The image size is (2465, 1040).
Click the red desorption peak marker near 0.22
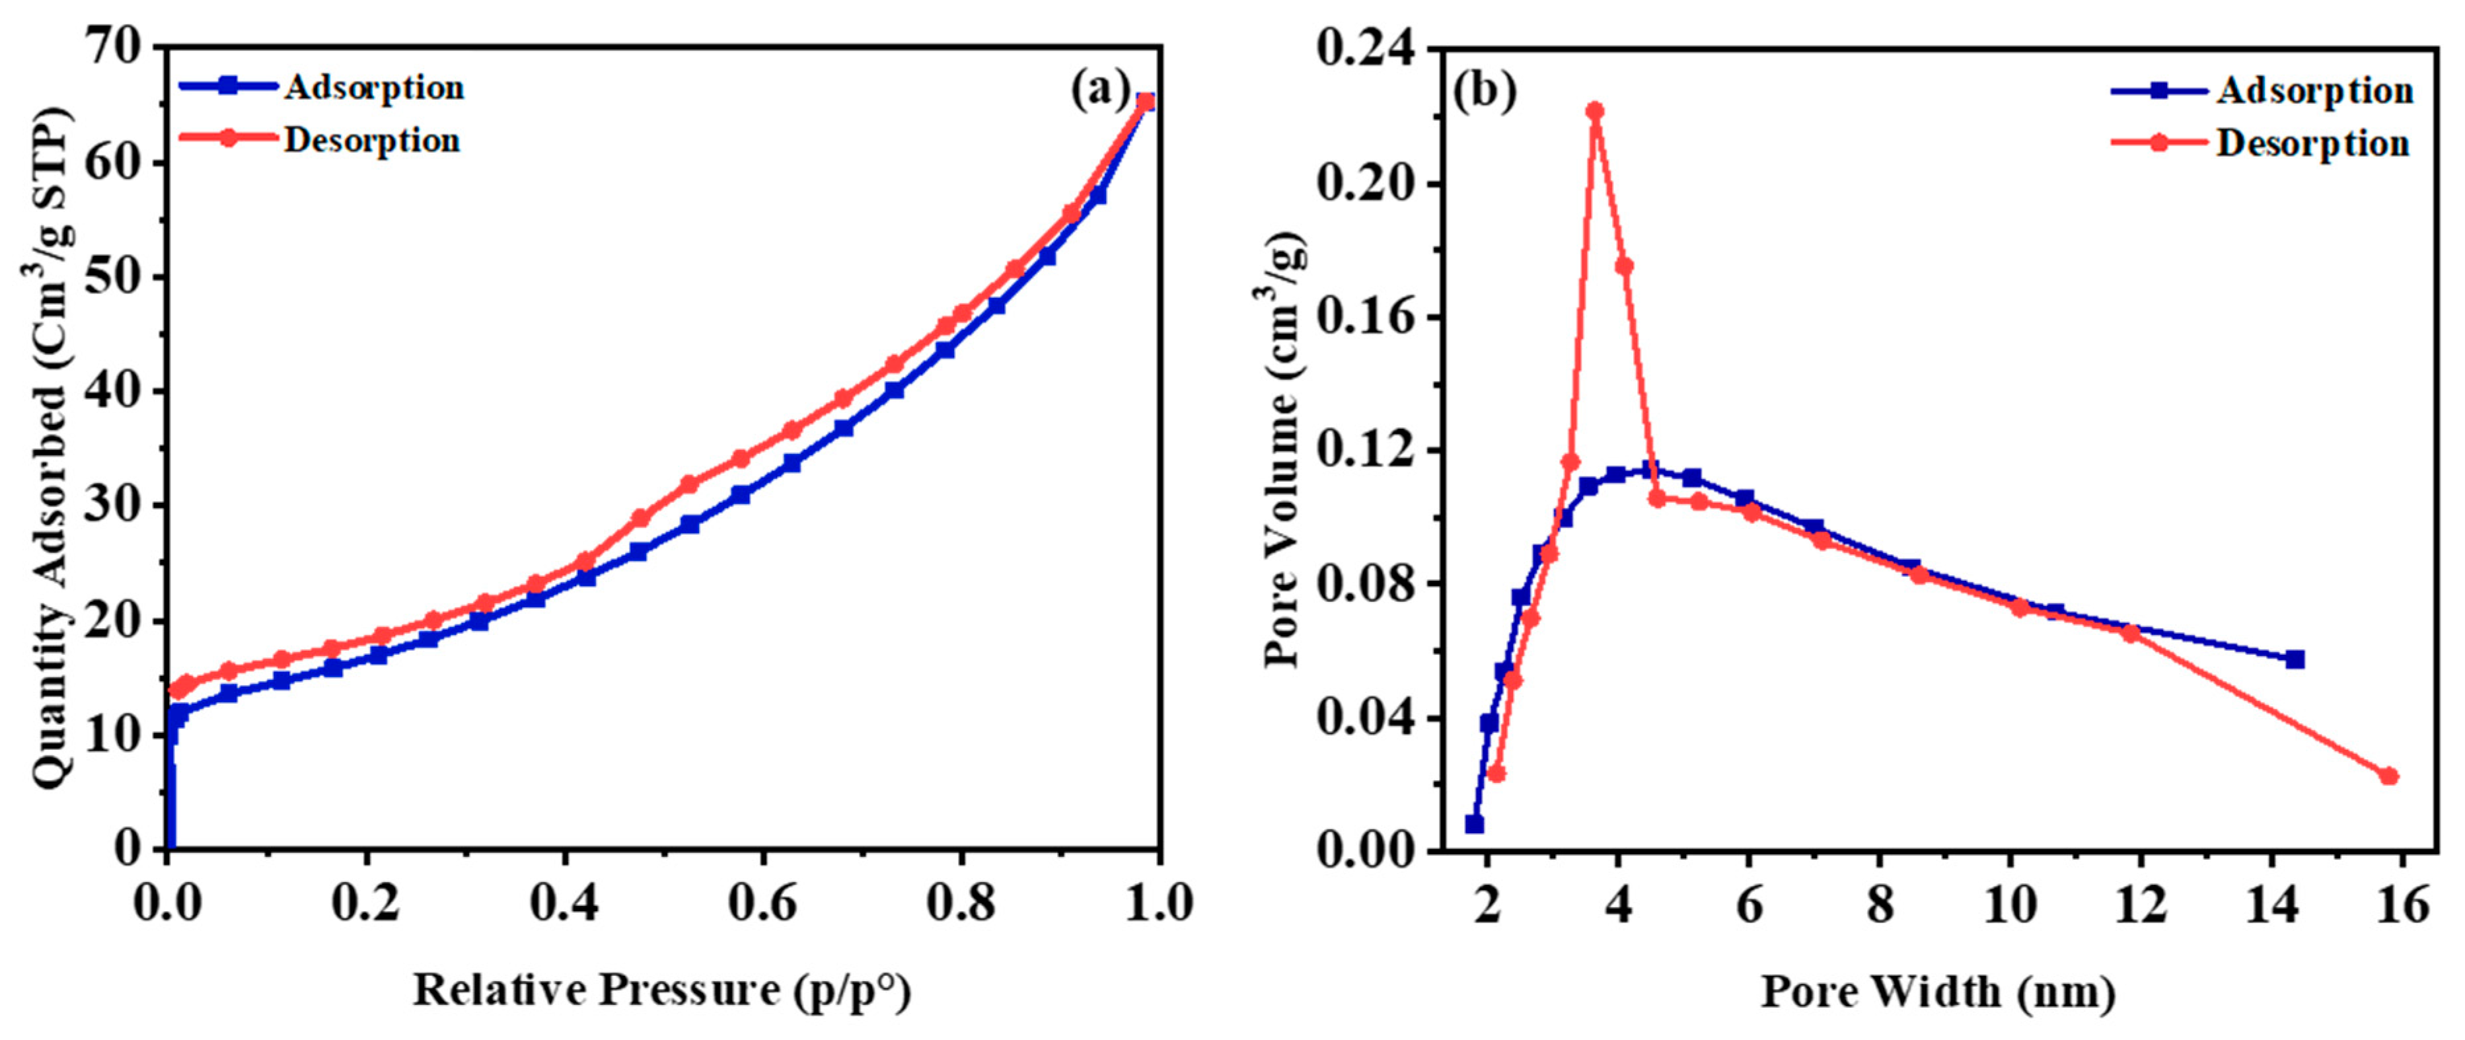tap(1595, 111)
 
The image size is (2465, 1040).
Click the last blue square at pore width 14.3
tap(2295, 659)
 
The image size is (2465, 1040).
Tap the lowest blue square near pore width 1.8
tap(1475, 824)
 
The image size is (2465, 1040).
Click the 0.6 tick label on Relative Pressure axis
tap(762, 903)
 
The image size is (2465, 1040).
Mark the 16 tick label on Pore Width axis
tap(2402, 903)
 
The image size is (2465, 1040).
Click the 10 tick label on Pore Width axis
tap(2010, 903)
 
